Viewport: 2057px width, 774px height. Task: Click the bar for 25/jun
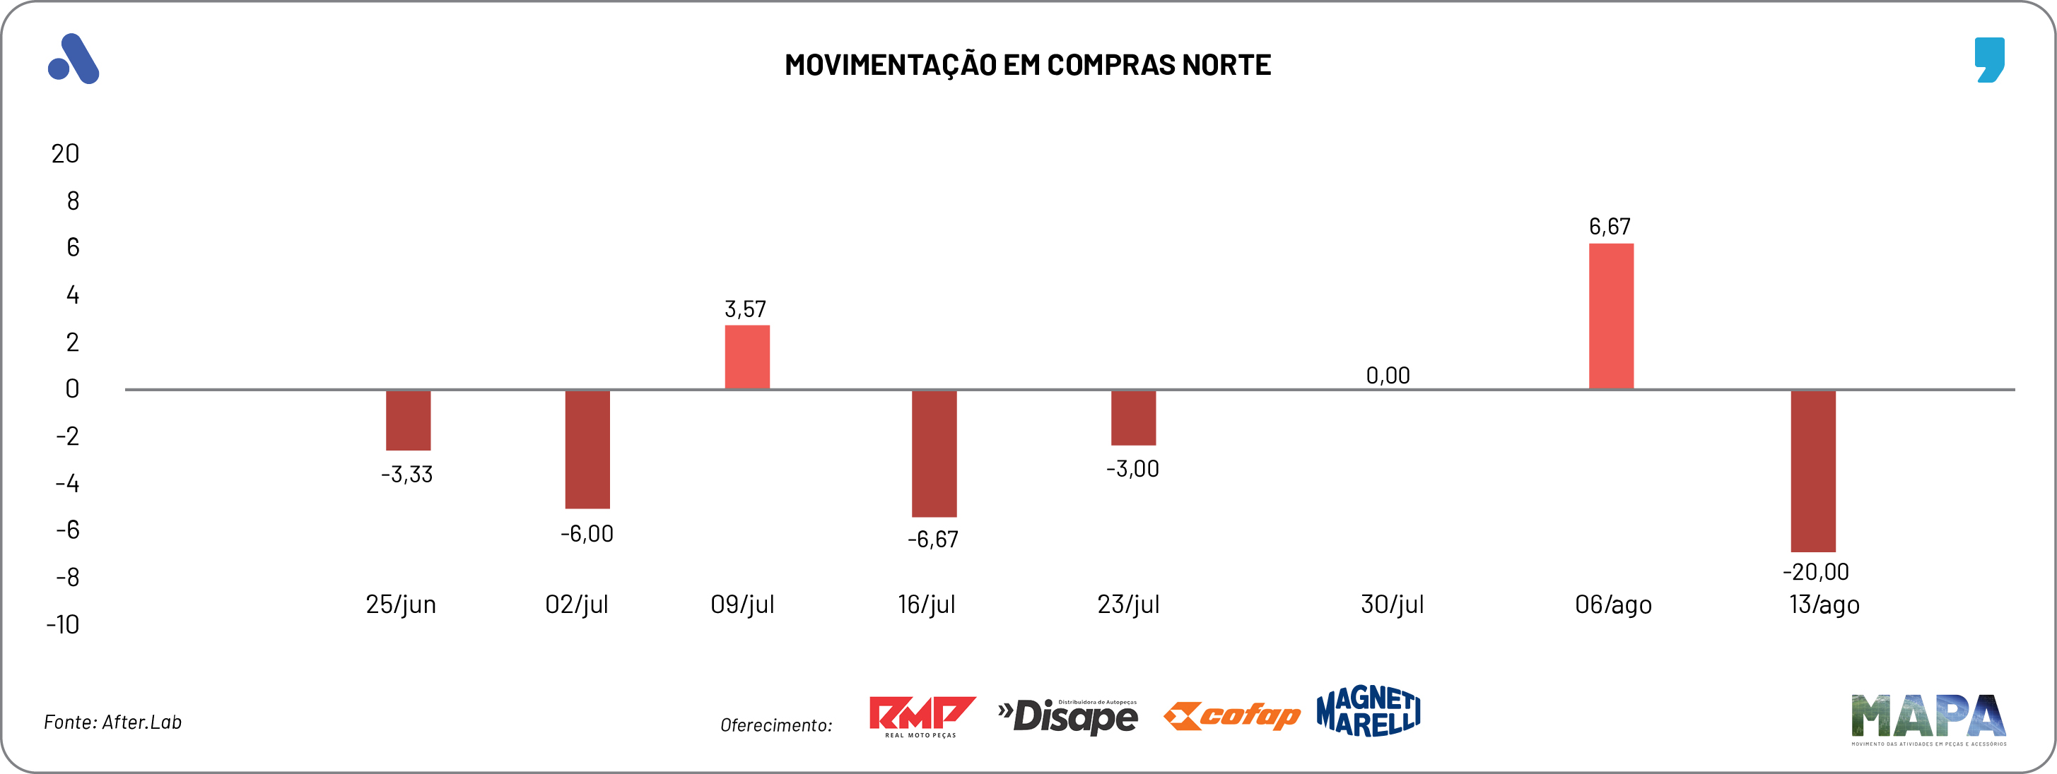[408, 420]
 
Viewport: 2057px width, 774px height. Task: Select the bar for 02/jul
[587, 449]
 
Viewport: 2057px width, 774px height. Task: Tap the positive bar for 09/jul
[746, 357]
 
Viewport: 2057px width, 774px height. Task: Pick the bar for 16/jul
[934, 453]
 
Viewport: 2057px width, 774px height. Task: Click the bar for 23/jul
[1133, 417]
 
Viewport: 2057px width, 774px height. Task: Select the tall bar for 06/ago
[1611, 316]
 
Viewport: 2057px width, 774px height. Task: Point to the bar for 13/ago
[1812, 471]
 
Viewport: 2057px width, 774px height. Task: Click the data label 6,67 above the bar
[1609, 227]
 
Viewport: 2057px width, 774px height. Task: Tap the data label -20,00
[1815, 571]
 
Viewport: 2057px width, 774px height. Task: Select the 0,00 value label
[1388, 375]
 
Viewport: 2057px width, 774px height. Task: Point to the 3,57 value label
[745, 309]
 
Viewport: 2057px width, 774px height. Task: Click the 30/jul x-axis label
[1392, 604]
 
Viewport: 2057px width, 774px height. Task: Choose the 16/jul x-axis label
[926, 604]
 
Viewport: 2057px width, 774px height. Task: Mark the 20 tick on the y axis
[66, 153]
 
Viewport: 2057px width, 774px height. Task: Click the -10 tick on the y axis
[63, 624]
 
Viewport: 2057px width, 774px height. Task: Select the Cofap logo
[1231, 716]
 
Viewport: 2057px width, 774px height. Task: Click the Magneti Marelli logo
[1368, 711]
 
